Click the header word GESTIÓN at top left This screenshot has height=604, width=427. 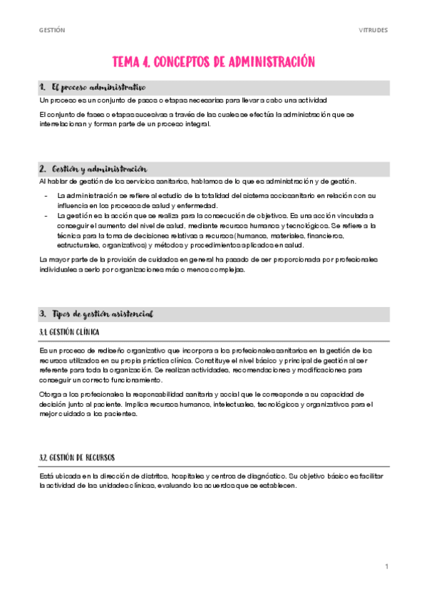pyautogui.click(x=52, y=30)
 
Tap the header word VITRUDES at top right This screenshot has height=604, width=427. pyautogui.click(x=373, y=30)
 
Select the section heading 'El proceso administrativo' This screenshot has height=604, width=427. pyautogui.click(x=93, y=87)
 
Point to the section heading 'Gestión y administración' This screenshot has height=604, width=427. pyautogui.click(x=99, y=169)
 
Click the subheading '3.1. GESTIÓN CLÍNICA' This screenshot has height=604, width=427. pyautogui.click(x=69, y=332)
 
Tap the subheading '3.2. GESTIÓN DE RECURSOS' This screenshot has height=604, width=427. pyautogui.click(x=78, y=457)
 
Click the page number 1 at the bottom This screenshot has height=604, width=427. pyautogui.click(x=386, y=566)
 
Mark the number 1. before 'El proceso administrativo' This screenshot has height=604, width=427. pyautogui.click(x=43, y=87)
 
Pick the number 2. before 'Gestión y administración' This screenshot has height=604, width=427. pyautogui.click(x=43, y=169)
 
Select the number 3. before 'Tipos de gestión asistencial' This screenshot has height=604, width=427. pyautogui.click(x=43, y=313)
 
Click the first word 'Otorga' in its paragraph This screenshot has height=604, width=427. pyautogui.click(x=50, y=393)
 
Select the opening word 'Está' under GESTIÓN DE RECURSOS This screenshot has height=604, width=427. pyautogui.click(x=46, y=475)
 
